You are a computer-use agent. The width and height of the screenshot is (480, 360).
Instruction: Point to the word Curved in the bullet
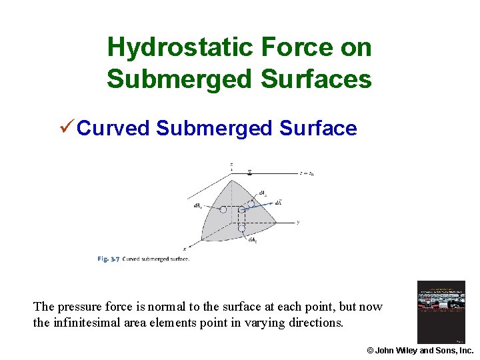coord(113,128)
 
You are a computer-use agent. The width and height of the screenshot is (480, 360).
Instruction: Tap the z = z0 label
coord(306,173)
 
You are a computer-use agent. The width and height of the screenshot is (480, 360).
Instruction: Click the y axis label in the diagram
coord(297,222)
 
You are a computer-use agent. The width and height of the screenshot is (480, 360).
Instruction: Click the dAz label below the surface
coord(253,240)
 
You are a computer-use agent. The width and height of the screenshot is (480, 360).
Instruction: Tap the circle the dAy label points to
coord(223,209)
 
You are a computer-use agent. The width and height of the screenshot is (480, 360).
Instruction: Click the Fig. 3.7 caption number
coord(108,259)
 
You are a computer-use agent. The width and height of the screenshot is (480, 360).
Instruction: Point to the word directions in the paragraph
coord(315,323)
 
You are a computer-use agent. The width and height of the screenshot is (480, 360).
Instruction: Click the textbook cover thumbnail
coord(441,312)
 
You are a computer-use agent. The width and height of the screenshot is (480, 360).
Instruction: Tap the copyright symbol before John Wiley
coord(371,350)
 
